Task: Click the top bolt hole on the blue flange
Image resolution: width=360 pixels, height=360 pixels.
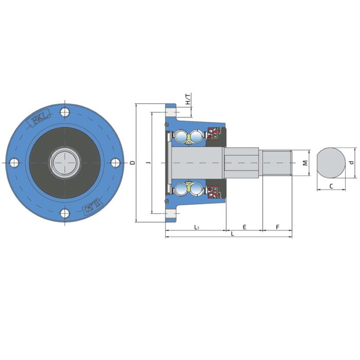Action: pyautogui.click(x=64, y=113)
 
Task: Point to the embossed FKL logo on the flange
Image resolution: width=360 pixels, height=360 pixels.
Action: pyautogui.click(x=40, y=120)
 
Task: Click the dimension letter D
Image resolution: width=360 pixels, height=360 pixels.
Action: pyautogui.click(x=132, y=163)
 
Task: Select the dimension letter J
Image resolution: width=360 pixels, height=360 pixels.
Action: pyautogui.click(x=148, y=163)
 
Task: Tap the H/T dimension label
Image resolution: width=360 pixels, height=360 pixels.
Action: pyautogui.click(x=188, y=99)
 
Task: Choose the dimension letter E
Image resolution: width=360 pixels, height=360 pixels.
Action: pyautogui.click(x=244, y=227)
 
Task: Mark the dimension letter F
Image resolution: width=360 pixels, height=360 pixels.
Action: pyautogui.click(x=277, y=227)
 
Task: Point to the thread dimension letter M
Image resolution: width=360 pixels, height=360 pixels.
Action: pyautogui.click(x=305, y=163)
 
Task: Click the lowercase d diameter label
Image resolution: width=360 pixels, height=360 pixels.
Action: pyautogui.click(x=351, y=163)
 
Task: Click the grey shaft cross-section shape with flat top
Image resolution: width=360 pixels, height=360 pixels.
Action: pyautogui.click(x=331, y=163)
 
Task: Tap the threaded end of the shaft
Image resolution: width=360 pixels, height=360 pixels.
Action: pyautogui.click(x=277, y=163)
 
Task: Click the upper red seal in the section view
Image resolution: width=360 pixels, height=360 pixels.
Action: pyautogui.click(x=213, y=134)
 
